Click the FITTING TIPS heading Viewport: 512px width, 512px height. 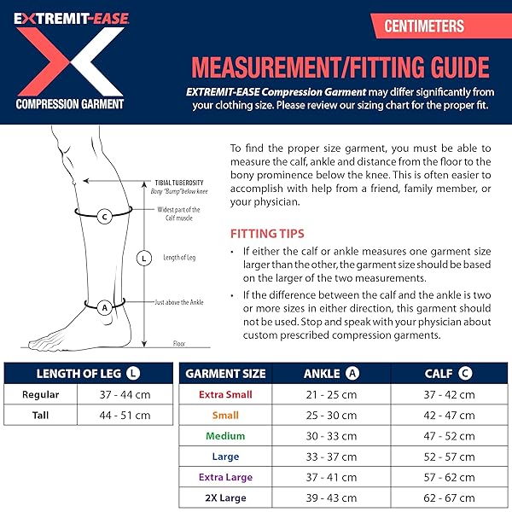coord(267,233)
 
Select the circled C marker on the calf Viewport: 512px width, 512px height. coord(104,216)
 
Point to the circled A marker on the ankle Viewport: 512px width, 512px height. coord(105,306)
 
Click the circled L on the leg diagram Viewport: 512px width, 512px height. coord(143,257)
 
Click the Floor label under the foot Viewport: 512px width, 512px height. coord(179,344)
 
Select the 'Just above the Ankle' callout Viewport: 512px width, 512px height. coord(178,302)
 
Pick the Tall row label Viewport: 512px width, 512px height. coord(40,416)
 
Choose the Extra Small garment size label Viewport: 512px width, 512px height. coord(225,394)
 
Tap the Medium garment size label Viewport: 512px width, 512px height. coord(225,435)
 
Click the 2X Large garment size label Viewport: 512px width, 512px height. coord(225,497)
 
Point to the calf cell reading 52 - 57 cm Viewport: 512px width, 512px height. coord(449,456)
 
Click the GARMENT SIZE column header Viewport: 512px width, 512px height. coord(226,373)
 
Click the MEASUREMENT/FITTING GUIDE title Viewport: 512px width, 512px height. coord(340,67)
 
